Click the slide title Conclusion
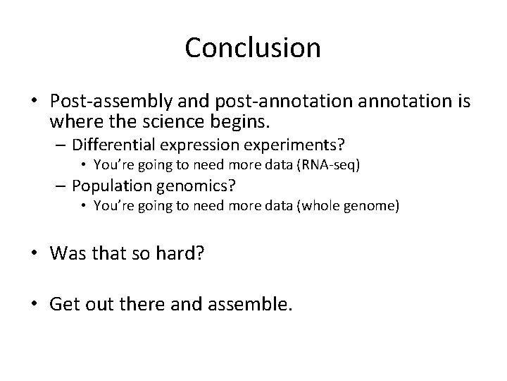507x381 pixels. (x=253, y=48)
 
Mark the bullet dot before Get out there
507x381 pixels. (x=35, y=305)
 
